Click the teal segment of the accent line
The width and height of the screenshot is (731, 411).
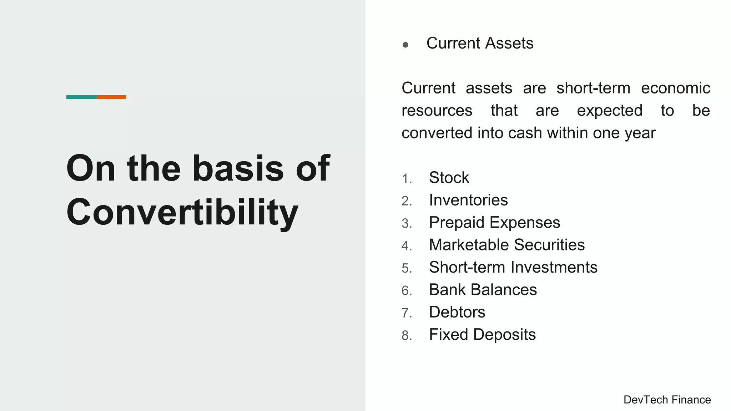pos(81,97)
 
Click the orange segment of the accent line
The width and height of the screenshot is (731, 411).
pos(111,97)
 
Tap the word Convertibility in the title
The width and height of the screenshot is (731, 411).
pos(182,212)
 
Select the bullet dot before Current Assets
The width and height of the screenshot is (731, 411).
pos(405,45)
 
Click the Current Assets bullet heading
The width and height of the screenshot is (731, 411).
pos(479,43)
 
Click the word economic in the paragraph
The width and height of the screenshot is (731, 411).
pos(675,88)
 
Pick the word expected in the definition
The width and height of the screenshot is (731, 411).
pos(610,111)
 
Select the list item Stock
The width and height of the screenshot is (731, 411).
pos(449,178)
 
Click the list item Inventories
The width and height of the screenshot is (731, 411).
pos(468,200)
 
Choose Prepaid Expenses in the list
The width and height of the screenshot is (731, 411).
pos(494,223)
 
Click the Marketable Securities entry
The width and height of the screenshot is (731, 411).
pos(506,245)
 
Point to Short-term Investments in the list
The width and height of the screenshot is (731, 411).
pos(513,267)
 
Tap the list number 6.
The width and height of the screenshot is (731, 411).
pos(407,291)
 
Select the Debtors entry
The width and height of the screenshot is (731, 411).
pos(457,312)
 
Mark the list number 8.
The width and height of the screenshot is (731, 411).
pos(407,336)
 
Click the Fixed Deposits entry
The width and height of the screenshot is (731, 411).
pos(482,335)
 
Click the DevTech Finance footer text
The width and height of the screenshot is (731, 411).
pos(667,400)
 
